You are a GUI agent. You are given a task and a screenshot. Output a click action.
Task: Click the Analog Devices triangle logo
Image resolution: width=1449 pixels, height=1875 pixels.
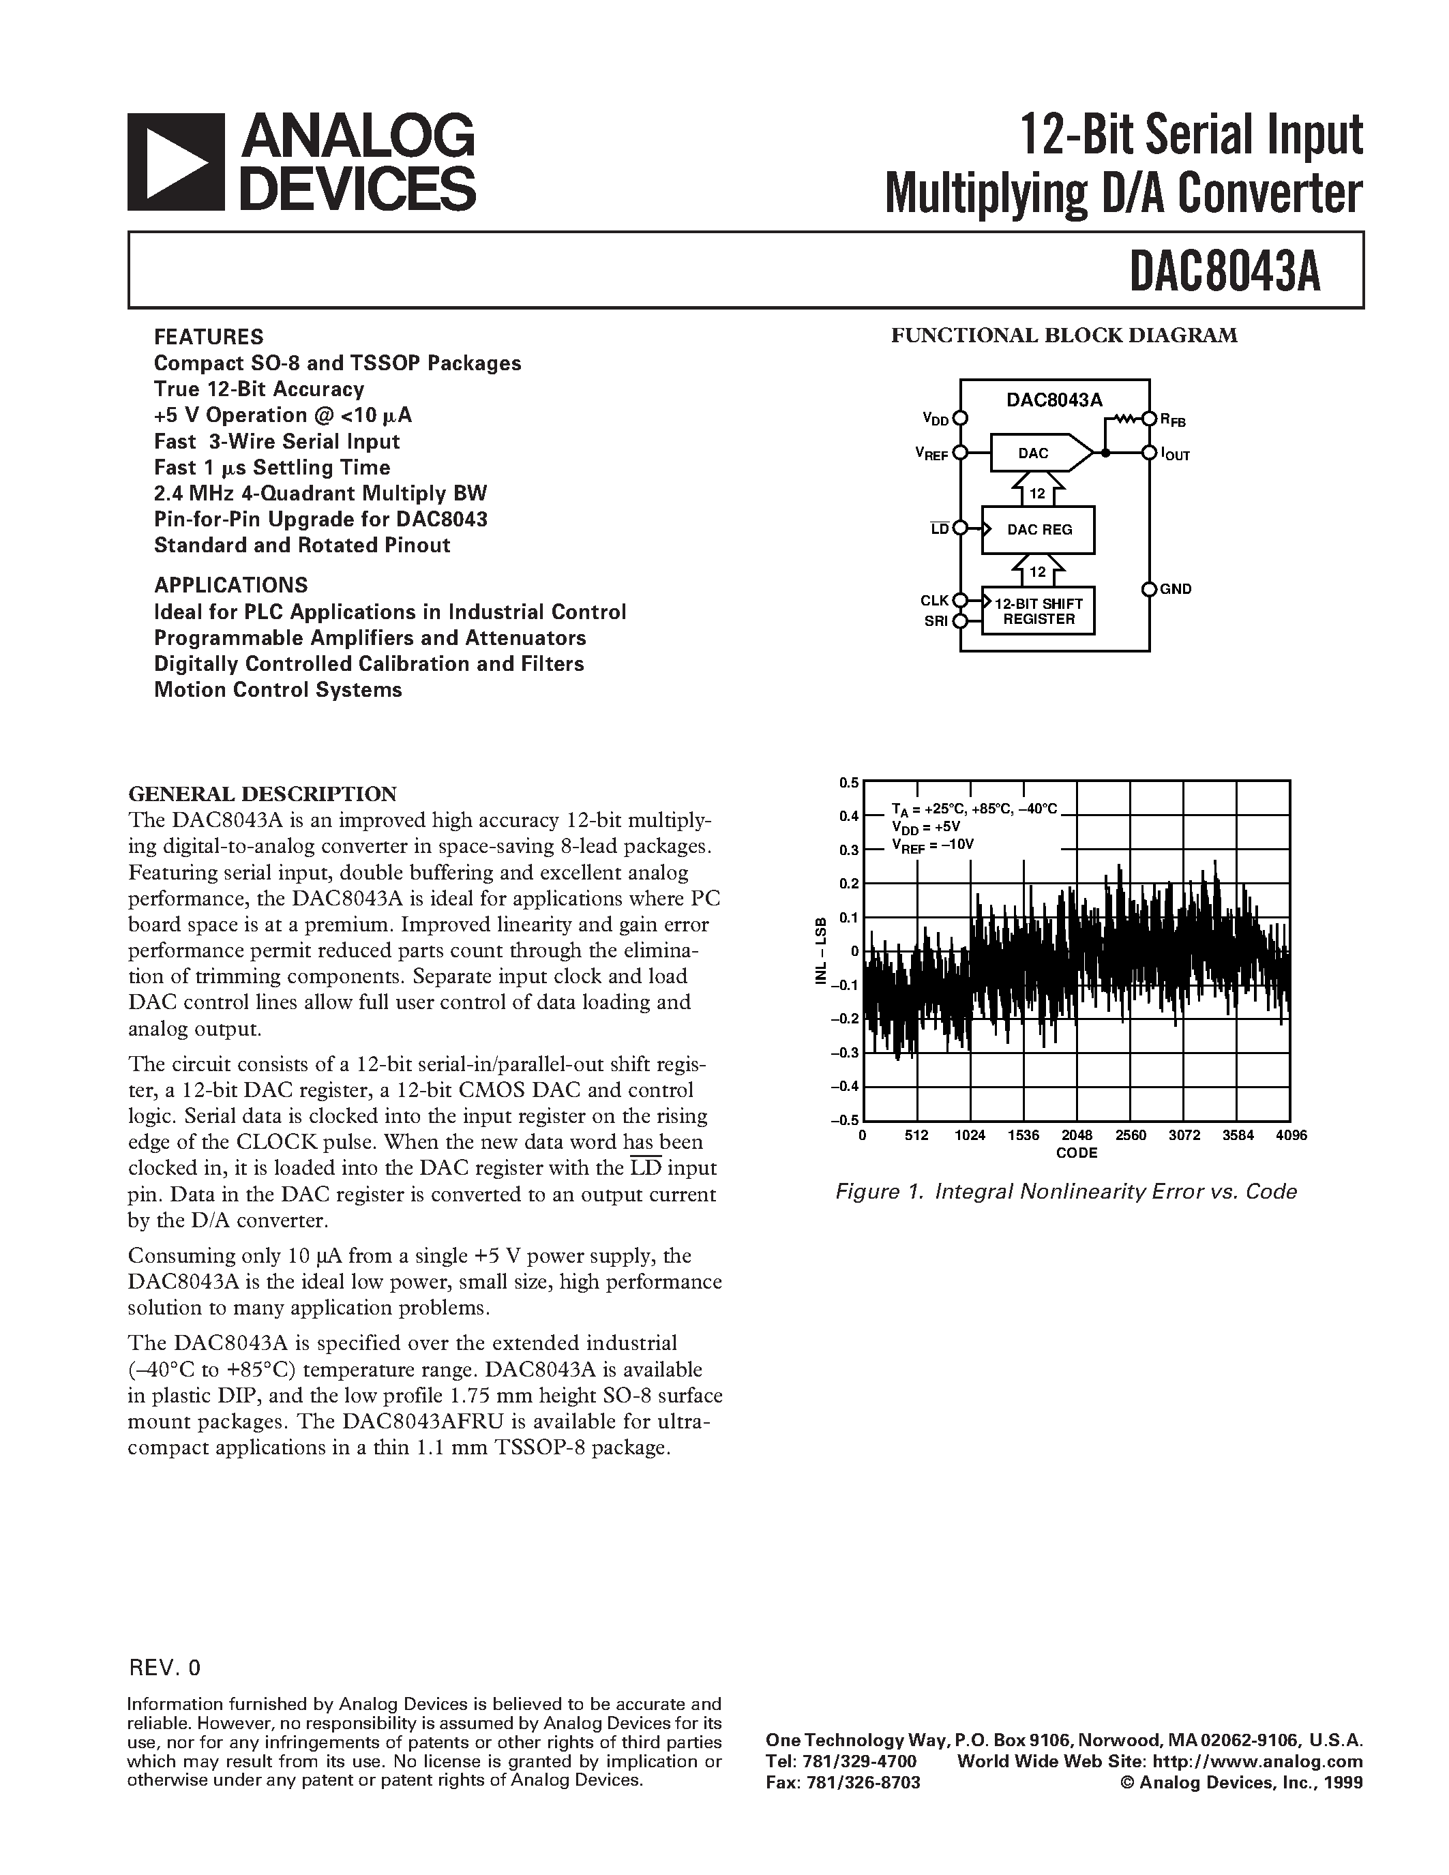tap(177, 163)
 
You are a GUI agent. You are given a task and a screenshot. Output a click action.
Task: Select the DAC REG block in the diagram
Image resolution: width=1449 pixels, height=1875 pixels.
tap(1039, 530)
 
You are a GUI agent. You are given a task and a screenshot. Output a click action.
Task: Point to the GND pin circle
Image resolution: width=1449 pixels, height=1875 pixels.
tap(1148, 589)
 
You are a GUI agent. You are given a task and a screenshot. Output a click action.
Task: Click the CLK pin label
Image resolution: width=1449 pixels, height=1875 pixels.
tap(935, 601)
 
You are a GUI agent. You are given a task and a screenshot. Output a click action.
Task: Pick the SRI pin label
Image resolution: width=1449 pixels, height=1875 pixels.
tap(936, 620)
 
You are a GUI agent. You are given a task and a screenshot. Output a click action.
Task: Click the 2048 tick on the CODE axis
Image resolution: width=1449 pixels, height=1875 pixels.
tap(1077, 1135)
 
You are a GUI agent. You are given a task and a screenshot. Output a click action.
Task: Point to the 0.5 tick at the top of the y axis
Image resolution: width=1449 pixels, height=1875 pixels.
tap(849, 782)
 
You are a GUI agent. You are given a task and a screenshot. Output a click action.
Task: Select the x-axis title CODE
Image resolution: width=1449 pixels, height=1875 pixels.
tap(1077, 1153)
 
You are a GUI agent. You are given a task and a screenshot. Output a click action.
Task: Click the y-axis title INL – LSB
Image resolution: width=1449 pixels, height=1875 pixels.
tap(822, 950)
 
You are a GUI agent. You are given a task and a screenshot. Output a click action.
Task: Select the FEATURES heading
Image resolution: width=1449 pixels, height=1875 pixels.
tap(209, 337)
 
